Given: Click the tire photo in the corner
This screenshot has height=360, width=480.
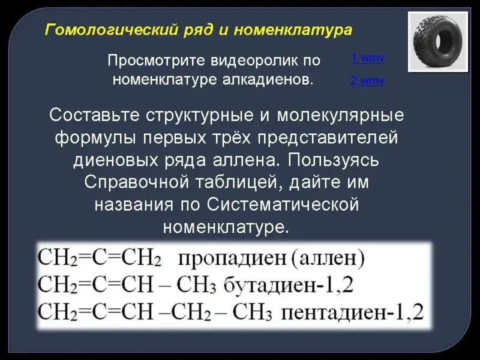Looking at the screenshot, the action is pyautogui.click(x=438, y=42).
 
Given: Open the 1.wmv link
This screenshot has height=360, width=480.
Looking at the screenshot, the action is pyautogui.click(x=367, y=58).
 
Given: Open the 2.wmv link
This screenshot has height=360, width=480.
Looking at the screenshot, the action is pyautogui.click(x=367, y=80).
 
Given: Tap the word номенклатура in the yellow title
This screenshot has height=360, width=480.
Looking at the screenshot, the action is pyautogui.click(x=293, y=30).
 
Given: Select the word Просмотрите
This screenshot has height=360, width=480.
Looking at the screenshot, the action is pyautogui.click(x=157, y=61).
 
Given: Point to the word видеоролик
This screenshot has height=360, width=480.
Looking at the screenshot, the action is pyautogui.click(x=254, y=61).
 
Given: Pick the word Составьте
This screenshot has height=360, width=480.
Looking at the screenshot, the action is pyautogui.click(x=95, y=115).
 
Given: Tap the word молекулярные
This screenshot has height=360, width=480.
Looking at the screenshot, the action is pyautogui.click(x=340, y=116).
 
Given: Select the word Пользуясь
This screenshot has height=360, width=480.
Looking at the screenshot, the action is pyautogui.click(x=334, y=160).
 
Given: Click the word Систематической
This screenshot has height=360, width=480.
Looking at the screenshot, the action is pyautogui.click(x=283, y=205).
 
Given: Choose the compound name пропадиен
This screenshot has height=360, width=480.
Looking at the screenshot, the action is pyautogui.click(x=232, y=259).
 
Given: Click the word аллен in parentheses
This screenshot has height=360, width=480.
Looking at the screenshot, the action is pyautogui.click(x=328, y=258).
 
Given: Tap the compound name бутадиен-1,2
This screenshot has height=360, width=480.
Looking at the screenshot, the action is pyautogui.click(x=289, y=286).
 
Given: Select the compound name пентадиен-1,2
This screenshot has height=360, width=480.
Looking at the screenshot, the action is pyautogui.click(x=352, y=313).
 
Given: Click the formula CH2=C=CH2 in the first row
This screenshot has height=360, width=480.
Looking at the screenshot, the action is pyautogui.click(x=99, y=259).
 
